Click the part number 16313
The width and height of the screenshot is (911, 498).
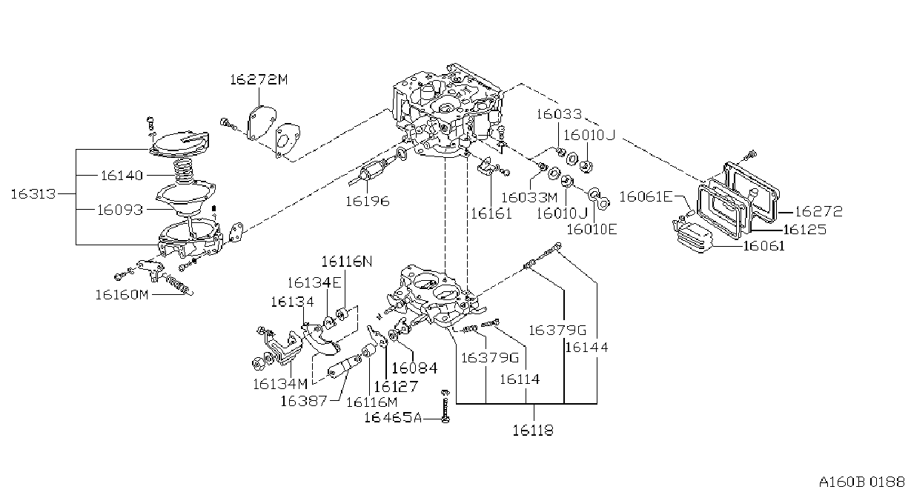coord(33,194)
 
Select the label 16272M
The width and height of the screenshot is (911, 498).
coord(259,79)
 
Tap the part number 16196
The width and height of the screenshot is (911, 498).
coord(368,202)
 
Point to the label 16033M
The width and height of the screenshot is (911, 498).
coord(529,198)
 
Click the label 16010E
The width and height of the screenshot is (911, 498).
coord(592,229)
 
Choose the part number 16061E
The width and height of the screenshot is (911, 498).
coord(646,197)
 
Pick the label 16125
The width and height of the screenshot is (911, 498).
coord(805,230)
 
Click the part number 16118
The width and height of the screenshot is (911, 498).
coord(533,430)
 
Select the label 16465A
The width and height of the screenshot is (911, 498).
coord(393,417)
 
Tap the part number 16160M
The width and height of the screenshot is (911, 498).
coord(122,295)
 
